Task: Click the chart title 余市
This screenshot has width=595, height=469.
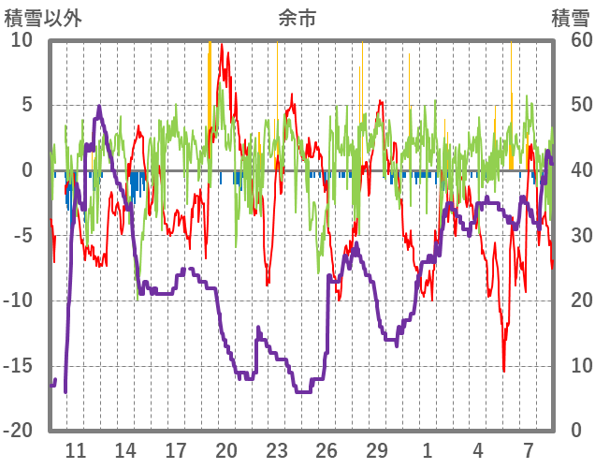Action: coord(297,18)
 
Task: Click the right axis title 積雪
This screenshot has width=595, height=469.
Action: coord(570,18)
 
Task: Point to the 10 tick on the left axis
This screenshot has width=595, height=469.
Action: coord(22,40)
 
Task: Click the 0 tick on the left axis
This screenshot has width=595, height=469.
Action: coord(26,170)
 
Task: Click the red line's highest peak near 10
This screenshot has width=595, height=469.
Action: coord(221,44)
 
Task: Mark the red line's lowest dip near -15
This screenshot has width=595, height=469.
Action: coord(503,371)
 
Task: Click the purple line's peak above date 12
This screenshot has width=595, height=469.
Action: coord(99,107)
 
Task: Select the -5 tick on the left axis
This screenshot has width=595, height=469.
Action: coord(22,235)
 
